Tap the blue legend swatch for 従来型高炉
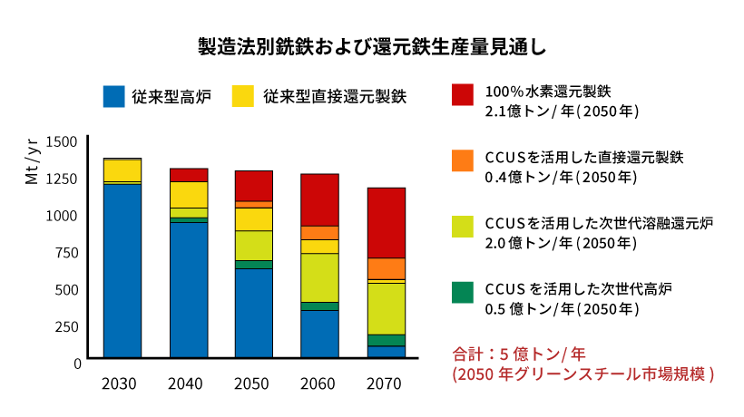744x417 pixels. click(113, 95)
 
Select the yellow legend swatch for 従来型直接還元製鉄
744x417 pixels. click(243, 95)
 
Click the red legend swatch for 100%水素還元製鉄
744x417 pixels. click(462, 94)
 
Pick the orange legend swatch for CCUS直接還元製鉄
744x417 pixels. click(462, 160)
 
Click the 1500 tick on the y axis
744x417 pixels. click(63, 142)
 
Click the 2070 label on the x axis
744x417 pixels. click(384, 384)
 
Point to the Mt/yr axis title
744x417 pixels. click(32, 161)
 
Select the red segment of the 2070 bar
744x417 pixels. click(387, 222)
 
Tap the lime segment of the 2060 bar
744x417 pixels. click(320, 276)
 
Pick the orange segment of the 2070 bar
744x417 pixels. click(387, 268)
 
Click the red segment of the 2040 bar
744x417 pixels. click(189, 174)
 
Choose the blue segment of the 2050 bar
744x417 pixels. click(254, 313)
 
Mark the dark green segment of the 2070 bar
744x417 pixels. click(387, 340)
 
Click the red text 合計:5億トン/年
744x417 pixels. click(508, 353)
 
